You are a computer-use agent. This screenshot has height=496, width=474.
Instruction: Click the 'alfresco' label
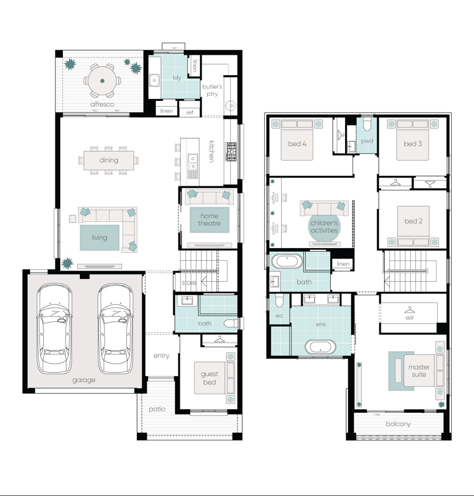(x=102, y=104)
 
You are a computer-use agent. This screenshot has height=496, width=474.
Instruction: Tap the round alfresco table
(x=102, y=81)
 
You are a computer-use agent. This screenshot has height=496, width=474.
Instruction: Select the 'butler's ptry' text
(x=212, y=90)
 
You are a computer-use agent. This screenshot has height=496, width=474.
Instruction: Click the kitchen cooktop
(x=231, y=151)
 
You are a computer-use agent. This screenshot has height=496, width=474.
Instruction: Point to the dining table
(x=109, y=160)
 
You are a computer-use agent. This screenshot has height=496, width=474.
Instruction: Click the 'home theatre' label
(x=209, y=220)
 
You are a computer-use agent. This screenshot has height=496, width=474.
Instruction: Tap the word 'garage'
(x=84, y=380)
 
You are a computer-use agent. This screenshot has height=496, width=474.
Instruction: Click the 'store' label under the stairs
(x=189, y=283)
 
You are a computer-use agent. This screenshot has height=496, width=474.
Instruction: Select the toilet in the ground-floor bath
(x=230, y=323)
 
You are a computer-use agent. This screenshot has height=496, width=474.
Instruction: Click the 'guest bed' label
(x=209, y=378)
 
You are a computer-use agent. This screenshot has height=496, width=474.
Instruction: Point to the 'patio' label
(x=157, y=409)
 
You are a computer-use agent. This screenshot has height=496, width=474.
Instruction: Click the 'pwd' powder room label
(x=367, y=141)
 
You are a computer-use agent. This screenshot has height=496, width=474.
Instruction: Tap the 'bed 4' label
(x=297, y=143)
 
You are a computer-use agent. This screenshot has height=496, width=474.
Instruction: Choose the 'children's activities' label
(x=324, y=227)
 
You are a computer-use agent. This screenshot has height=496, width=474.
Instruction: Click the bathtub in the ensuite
(x=320, y=347)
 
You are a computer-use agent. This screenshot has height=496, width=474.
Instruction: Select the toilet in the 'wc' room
(x=279, y=300)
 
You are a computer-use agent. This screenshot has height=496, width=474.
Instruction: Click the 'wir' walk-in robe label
(x=410, y=317)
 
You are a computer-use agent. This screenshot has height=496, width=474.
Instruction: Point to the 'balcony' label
(x=398, y=423)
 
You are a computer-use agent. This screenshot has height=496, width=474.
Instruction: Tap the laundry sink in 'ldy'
(x=154, y=81)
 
